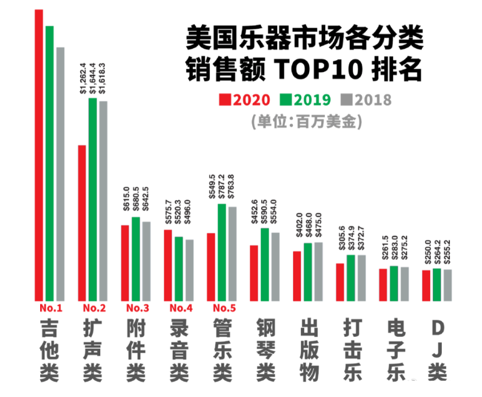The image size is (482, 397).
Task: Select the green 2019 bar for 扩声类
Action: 93,199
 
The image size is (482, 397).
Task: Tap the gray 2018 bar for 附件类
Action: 146,261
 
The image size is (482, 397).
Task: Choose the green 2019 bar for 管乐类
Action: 221,252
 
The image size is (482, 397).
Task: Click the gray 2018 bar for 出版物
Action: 318,271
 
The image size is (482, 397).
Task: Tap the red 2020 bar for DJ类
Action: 426,285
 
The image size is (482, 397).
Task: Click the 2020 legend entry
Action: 246,100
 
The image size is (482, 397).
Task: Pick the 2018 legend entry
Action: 366,100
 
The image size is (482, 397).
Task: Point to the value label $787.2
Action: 221,187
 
